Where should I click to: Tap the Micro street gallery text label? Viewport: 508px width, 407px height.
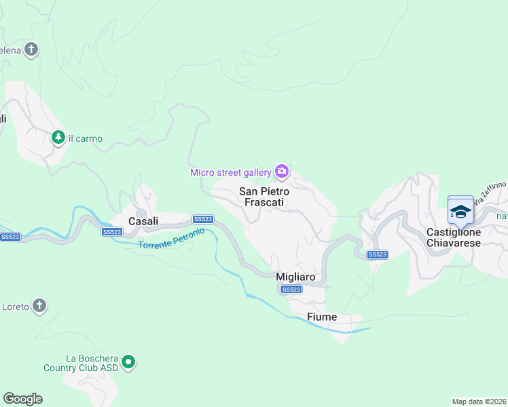[230, 172]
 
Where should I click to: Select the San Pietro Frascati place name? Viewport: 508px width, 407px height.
[264, 197]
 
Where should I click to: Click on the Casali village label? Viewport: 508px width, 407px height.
[143, 220]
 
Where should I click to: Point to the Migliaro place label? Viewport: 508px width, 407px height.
[295, 277]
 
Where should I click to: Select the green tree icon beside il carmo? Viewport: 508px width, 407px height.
[58, 138]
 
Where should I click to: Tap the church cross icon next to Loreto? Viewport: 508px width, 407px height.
[40, 306]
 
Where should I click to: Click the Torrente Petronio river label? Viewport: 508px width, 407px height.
[171, 239]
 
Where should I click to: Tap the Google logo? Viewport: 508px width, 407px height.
[22, 399]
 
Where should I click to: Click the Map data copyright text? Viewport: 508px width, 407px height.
[479, 401]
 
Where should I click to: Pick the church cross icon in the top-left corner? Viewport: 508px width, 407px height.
[31, 50]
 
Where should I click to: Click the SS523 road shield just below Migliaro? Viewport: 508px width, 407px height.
[291, 290]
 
